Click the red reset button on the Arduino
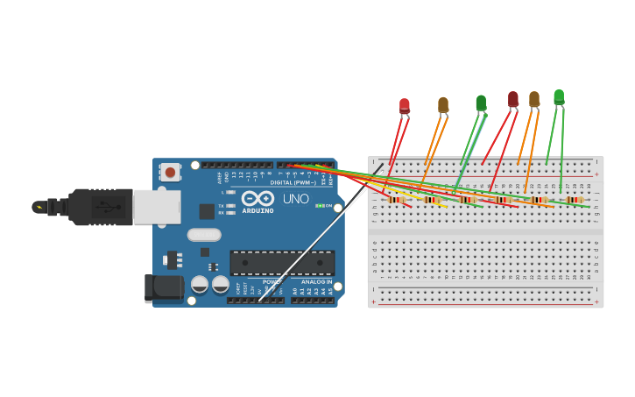pyautogui.click(x=170, y=172)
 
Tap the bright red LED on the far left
pyautogui.click(x=405, y=106)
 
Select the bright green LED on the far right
pyautogui.click(x=559, y=96)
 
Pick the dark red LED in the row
pyautogui.click(x=513, y=100)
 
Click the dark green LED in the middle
pyautogui.click(x=481, y=103)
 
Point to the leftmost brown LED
pyautogui.click(x=443, y=105)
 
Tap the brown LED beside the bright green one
pyautogui.click(x=534, y=100)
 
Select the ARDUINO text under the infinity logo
pyautogui.click(x=258, y=210)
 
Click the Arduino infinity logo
pyautogui.click(x=258, y=198)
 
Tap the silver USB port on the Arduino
pyautogui.click(x=157, y=207)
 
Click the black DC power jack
pyautogui.click(x=164, y=287)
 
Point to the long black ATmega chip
pyautogui.click(x=282, y=262)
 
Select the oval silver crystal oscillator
pyautogui.click(x=204, y=235)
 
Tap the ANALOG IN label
pyautogui.click(x=316, y=282)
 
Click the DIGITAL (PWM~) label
pyautogui.click(x=293, y=182)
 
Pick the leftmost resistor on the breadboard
pyautogui.click(x=397, y=200)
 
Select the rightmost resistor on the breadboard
pyautogui.click(x=575, y=200)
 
